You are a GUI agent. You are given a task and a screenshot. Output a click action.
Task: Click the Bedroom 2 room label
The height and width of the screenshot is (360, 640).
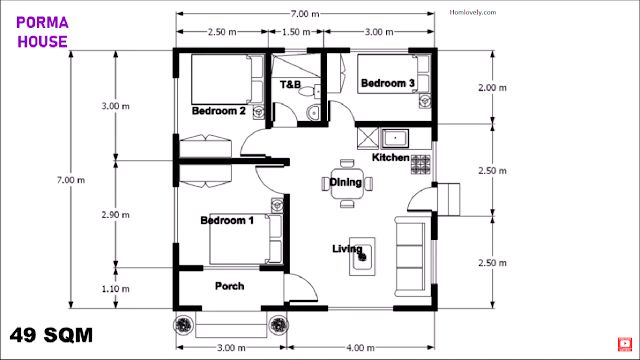pyautogui.click(x=219, y=111)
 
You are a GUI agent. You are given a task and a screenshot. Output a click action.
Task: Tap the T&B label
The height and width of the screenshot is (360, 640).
pyautogui.click(x=290, y=84)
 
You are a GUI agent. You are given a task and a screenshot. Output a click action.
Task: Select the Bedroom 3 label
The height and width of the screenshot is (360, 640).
pyautogui.click(x=388, y=83)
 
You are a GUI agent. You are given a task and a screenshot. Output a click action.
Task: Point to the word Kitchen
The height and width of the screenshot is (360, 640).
pyautogui.click(x=391, y=158)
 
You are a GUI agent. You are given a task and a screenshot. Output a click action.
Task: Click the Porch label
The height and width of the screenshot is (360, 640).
pyautogui.click(x=229, y=286)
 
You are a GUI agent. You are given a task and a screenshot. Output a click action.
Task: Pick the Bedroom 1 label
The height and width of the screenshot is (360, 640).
pyautogui.click(x=227, y=220)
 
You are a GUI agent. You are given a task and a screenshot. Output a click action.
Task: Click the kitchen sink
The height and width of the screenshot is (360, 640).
pyautogui.click(x=395, y=138)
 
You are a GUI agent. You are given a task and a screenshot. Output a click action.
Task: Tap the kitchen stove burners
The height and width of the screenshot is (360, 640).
pyautogui.click(x=420, y=164)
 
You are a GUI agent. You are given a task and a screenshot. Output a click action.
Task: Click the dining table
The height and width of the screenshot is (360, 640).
pyautogui.click(x=347, y=184)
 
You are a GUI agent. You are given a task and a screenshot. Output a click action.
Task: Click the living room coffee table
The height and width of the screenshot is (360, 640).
pyautogui.click(x=362, y=256)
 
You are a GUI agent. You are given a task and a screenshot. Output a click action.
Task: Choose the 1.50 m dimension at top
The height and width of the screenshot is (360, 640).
pyautogui.click(x=296, y=32)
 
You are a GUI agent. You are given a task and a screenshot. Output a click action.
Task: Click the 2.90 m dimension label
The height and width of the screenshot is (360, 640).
pyautogui.click(x=116, y=215)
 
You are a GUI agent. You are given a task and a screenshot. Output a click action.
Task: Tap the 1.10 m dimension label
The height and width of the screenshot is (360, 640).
pyautogui.click(x=116, y=289)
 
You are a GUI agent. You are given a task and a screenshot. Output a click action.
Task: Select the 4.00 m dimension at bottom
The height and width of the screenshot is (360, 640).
pyautogui.click(x=360, y=348)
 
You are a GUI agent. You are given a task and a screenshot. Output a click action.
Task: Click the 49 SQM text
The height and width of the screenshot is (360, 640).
pyautogui.click(x=51, y=336)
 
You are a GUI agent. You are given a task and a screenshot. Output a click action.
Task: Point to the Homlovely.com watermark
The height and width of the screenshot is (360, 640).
pyautogui.click(x=473, y=12)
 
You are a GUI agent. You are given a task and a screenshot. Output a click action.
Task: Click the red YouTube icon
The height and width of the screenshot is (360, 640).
pyautogui.click(x=625, y=344)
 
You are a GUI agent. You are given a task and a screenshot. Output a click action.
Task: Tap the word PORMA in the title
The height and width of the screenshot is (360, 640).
pyautogui.click(x=42, y=23)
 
